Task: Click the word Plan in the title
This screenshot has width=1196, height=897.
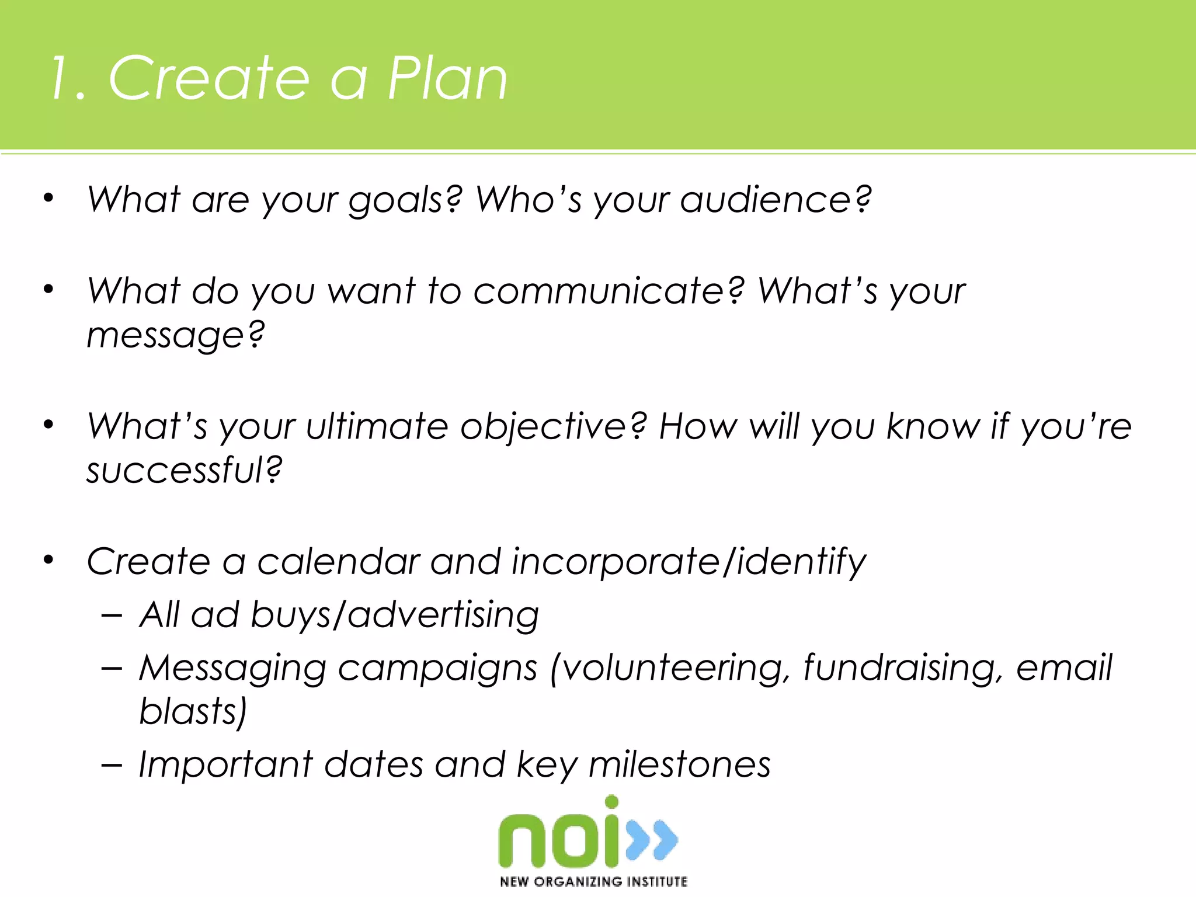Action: [447, 79]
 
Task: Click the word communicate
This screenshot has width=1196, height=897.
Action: [608, 291]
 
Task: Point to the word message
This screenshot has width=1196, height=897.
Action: [173, 336]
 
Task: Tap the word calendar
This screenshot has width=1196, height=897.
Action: [339, 562]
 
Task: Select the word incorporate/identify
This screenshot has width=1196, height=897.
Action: [689, 562]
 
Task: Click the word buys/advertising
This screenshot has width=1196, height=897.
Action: [395, 616]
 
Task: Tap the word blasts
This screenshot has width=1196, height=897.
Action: [192, 711]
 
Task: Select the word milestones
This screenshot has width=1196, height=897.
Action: [679, 764]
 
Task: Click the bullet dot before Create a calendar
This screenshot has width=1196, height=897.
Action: [48, 561]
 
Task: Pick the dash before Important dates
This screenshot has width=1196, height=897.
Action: [112, 764]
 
